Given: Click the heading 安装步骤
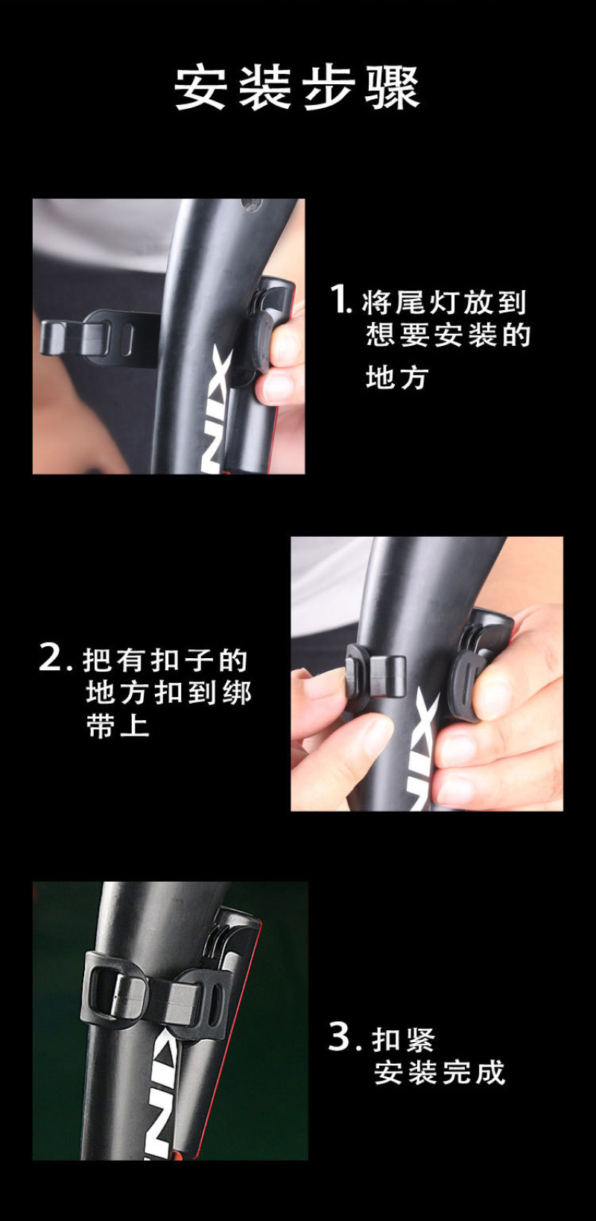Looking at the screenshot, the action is (297, 88).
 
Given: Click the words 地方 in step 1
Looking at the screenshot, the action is (396, 377).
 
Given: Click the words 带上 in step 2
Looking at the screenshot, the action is (118, 727).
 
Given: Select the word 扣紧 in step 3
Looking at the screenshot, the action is (403, 1039).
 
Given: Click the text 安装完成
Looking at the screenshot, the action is (440, 1073).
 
